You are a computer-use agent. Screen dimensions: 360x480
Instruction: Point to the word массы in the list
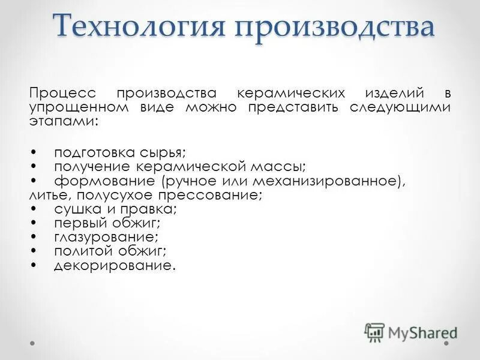click(278, 166)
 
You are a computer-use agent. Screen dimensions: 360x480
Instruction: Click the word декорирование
click(114, 265)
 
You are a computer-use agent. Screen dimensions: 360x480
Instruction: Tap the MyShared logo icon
click(374, 332)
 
